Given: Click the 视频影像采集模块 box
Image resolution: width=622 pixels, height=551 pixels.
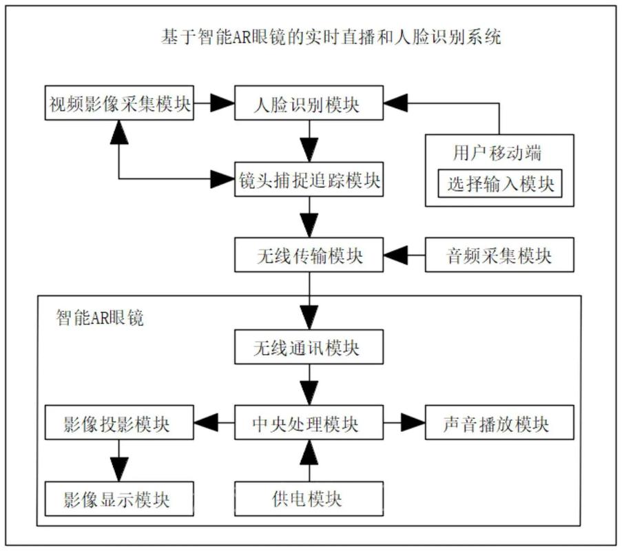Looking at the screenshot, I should pyautogui.click(x=119, y=105).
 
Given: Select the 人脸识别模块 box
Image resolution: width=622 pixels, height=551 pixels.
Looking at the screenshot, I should pyautogui.click(x=307, y=105).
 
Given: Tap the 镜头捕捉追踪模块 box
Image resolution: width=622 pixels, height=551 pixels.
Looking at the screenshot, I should pyautogui.click(x=307, y=181).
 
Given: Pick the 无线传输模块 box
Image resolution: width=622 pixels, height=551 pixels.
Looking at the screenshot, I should pyautogui.click(x=307, y=256).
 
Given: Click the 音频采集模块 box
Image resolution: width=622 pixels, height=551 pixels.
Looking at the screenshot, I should pyautogui.click(x=499, y=256).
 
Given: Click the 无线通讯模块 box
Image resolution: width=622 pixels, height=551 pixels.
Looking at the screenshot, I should pyautogui.click(x=307, y=348).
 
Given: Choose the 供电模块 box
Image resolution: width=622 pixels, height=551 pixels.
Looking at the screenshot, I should pyautogui.click(x=307, y=498).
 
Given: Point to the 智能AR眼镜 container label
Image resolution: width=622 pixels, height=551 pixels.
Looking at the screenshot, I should pyautogui.click(x=100, y=319).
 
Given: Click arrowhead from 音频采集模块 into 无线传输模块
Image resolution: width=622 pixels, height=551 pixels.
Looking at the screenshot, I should pyautogui.click(x=395, y=256).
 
